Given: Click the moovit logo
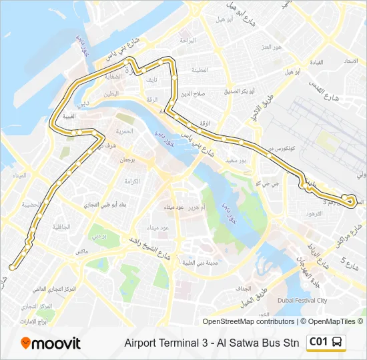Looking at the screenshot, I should pos(51,343).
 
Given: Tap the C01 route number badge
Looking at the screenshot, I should pos(318,342).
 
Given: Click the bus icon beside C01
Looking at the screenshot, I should pos(338,343).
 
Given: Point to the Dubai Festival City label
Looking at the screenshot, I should pos(304,300).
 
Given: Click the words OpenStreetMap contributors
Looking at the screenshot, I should pos(248,322).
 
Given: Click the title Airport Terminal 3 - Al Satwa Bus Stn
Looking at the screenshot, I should pos(212,343).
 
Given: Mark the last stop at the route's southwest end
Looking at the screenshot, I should pos(12,267).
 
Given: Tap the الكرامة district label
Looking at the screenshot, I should pos(131,181).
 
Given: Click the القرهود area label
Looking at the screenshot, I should pos(314,214).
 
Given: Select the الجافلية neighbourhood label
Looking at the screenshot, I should pos(61,227).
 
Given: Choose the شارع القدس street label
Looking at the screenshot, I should pos(321,91).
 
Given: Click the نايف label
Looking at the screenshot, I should pos(153,80).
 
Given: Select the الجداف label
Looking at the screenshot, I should pos(243,289).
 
